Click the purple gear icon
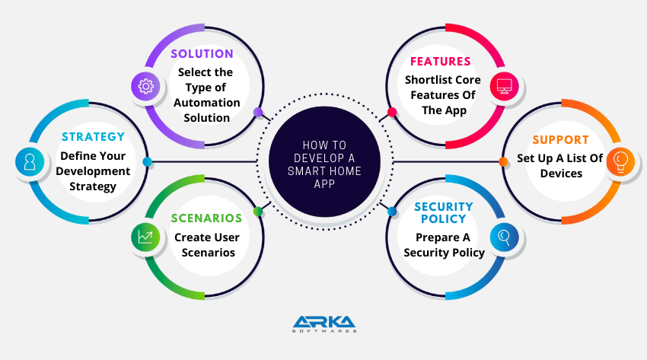[x=145, y=86]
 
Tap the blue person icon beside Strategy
[x=30, y=161]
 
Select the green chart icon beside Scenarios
[x=145, y=237]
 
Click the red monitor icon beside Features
[x=504, y=86]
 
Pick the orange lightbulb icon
[x=620, y=161]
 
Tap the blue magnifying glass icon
[x=504, y=237]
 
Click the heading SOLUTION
[x=202, y=54]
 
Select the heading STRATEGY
[x=94, y=137]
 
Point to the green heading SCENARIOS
[x=207, y=218]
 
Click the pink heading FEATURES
[x=440, y=62]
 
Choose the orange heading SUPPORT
[x=560, y=140]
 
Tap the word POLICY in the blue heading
[x=444, y=219]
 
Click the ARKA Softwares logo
[x=324, y=324]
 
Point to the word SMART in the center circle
[x=306, y=171]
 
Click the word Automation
[x=207, y=103]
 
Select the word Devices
[x=561, y=174]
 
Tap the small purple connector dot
[x=258, y=112]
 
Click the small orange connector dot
[x=503, y=161]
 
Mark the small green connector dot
[x=258, y=212]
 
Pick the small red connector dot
[x=392, y=112]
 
